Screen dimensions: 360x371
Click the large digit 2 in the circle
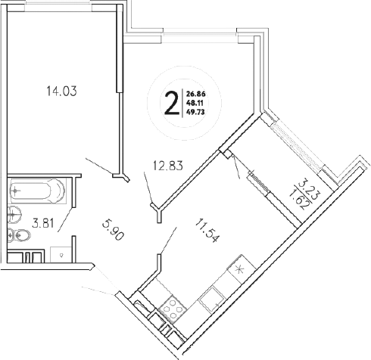click(172, 100)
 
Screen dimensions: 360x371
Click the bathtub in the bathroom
click(38, 190)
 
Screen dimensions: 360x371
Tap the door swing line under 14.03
click(99, 166)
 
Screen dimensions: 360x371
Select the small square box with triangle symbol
click(61, 255)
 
